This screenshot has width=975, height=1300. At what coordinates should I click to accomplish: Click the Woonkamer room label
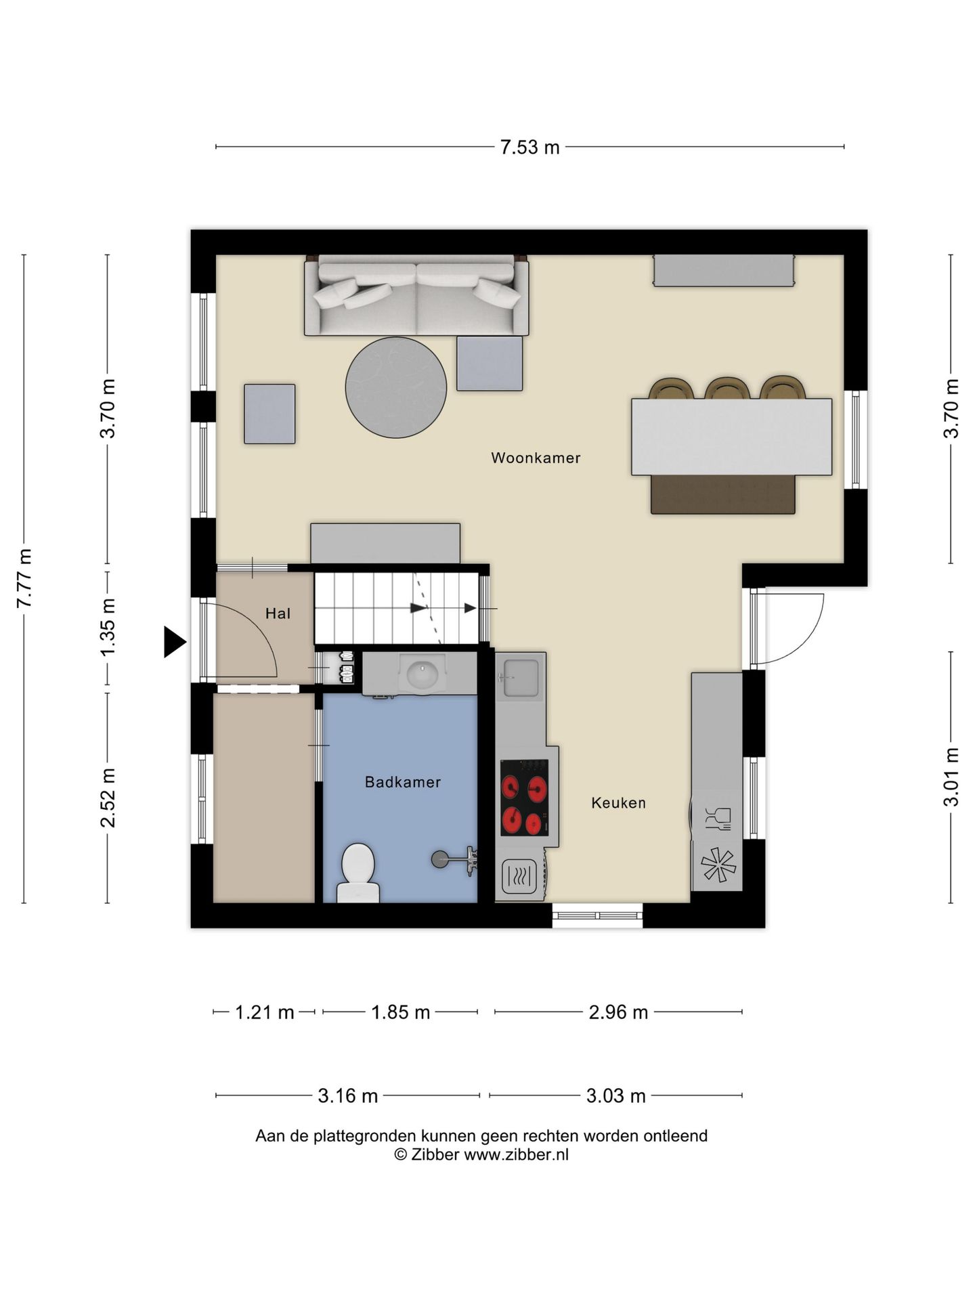[x=536, y=458]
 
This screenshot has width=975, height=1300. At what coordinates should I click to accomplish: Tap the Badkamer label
[x=403, y=782]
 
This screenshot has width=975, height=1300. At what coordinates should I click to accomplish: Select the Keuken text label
[x=618, y=803]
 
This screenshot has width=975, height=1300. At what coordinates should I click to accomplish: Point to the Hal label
[x=278, y=613]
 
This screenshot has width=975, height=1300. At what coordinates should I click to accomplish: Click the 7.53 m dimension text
[x=529, y=147]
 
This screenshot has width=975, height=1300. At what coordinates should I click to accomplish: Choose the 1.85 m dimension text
[x=400, y=1012]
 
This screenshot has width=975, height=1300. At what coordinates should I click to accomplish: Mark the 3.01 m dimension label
[x=951, y=777]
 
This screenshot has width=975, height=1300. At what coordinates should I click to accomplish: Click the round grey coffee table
[x=396, y=388]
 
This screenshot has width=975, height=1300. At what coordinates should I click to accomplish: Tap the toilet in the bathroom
[x=358, y=873]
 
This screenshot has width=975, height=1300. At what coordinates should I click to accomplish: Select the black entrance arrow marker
[x=175, y=642]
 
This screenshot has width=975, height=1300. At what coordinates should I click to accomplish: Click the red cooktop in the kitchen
[x=525, y=798]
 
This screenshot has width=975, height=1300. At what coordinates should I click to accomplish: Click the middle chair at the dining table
[x=727, y=388]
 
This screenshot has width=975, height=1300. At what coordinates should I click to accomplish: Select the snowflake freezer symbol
[x=718, y=865]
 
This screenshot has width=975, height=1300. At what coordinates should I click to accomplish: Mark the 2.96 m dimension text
[x=618, y=1012]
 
